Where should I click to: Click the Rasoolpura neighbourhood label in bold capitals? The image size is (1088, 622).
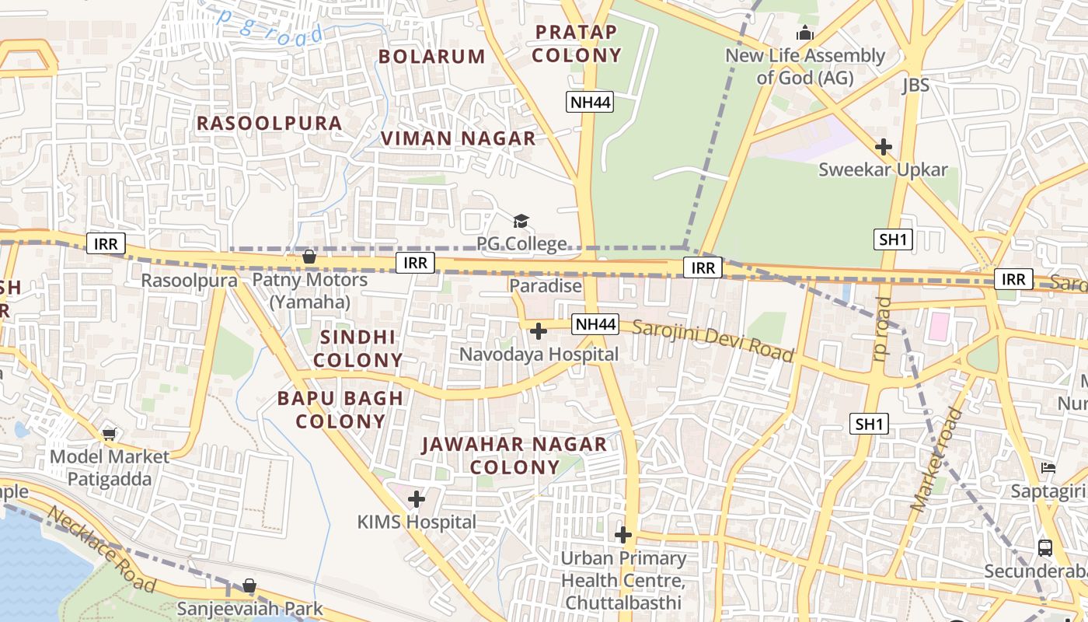point(269,124)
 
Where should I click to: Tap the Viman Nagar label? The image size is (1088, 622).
point(458,139)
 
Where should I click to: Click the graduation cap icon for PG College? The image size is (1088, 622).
point(521,222)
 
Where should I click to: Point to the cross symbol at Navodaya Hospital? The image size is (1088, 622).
point(538,332)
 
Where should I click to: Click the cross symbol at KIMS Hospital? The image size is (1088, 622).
point(417,499)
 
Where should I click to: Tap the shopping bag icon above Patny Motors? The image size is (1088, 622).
point(309,257)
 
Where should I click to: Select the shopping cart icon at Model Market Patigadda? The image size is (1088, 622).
point(109,434)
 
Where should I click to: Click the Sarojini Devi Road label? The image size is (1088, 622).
point(713,341)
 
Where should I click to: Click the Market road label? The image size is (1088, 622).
point(936,460)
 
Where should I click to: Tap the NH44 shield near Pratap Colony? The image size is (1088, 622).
point(590,101)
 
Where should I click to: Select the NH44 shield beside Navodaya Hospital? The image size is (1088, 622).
point(595,324)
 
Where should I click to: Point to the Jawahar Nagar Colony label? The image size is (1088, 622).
point(514,456)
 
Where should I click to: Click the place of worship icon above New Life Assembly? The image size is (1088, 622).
point(804,33)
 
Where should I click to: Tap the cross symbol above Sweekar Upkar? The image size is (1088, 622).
point(883,146)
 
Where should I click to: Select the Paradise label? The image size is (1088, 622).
point(546,286)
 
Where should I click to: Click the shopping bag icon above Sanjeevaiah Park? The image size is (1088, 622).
point(249,585)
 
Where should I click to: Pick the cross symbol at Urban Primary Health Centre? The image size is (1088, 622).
point(623,535)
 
